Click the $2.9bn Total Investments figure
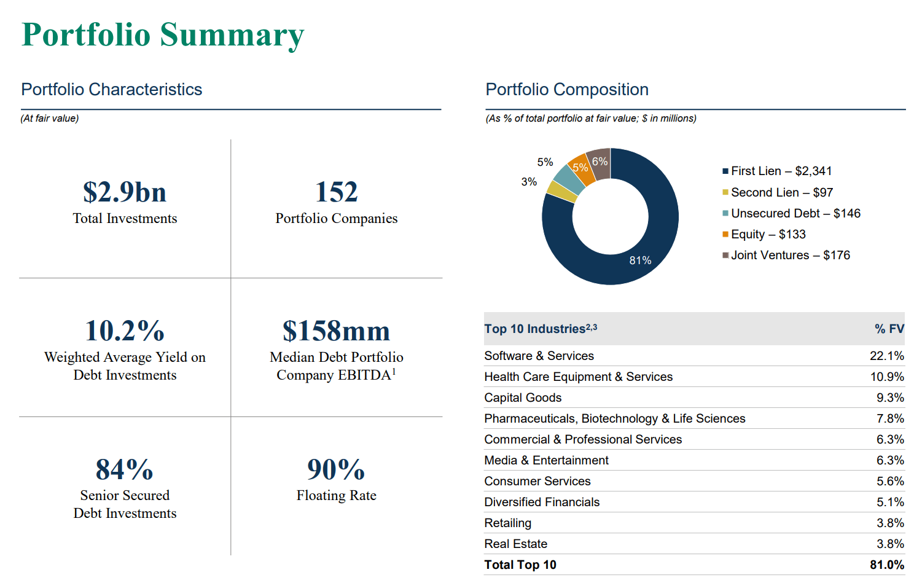(125, 192)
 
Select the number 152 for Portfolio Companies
(336, 192)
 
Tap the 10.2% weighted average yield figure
(125, 331)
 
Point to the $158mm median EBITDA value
(336, 331)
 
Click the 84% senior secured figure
(125, 470)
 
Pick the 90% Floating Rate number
(336, 470)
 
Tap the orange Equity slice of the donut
(582, 170)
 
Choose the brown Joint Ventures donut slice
(600, 163)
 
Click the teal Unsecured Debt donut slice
(569, 179)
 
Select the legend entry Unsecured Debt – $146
(795, 213)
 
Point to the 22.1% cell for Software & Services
(886, 356)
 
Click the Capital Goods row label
(523, 397)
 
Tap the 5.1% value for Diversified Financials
(890, 502)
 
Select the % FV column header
(889, 329)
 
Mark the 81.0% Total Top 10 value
(886, 565)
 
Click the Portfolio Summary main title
(163, 35)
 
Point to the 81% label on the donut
(640, 260)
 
